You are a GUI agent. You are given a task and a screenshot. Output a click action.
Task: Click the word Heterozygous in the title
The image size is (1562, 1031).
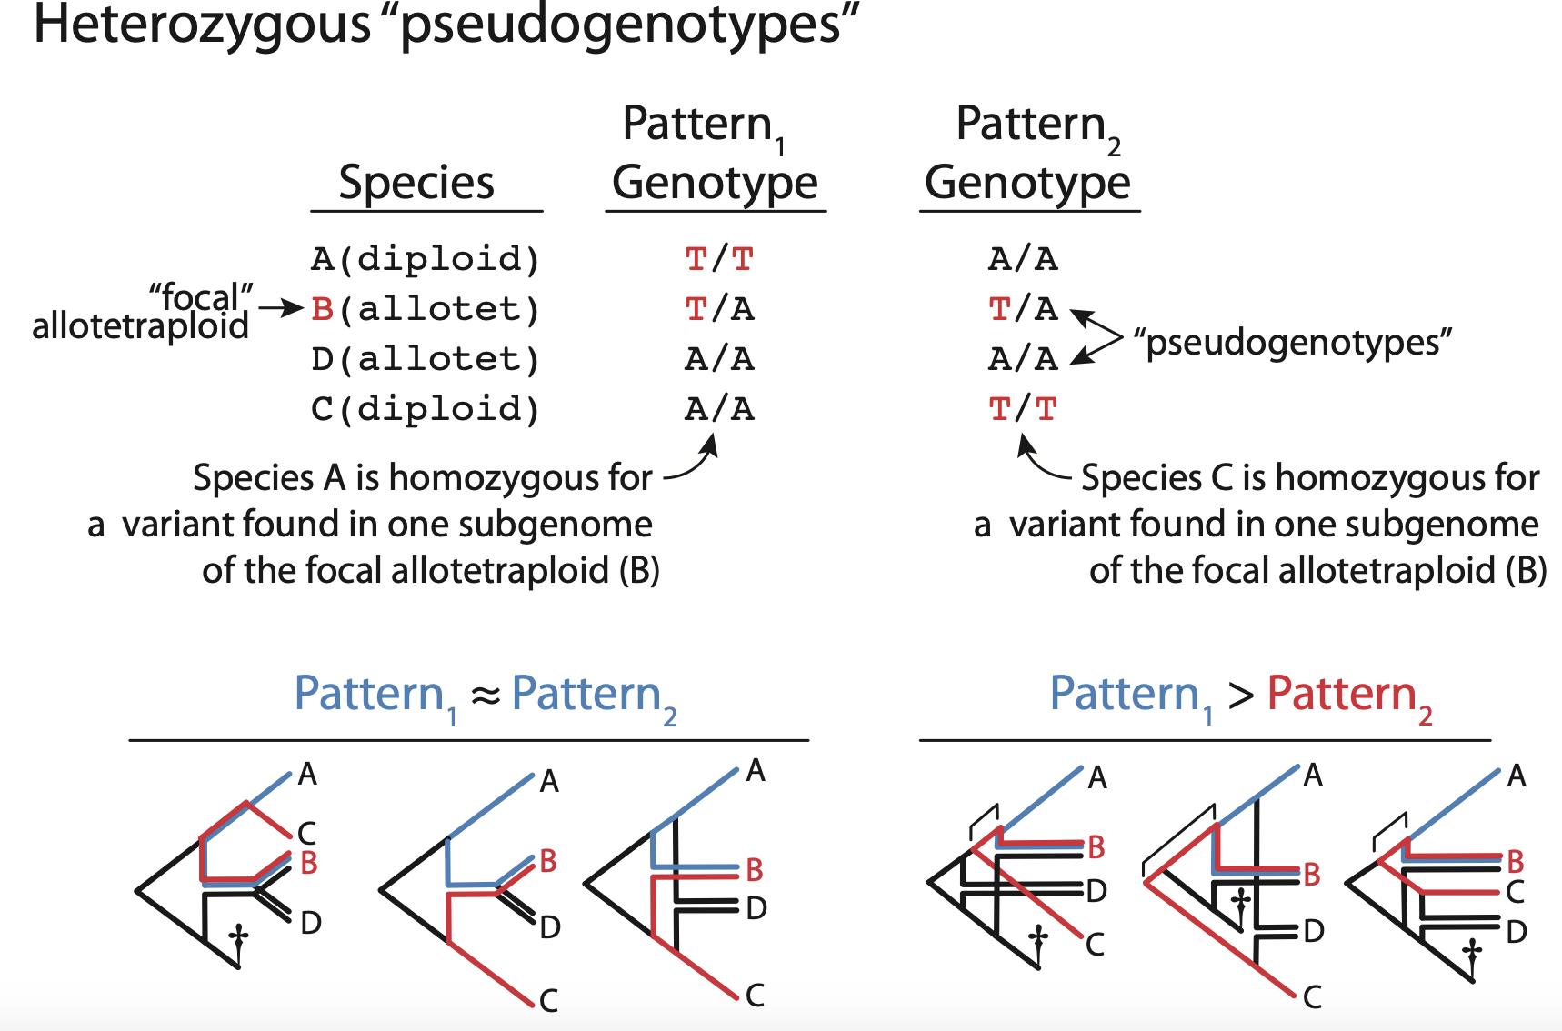(201, 25)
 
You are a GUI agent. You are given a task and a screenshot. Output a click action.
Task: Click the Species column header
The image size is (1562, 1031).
(416, 182)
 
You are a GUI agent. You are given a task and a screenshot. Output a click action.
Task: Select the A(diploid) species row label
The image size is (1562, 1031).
(426, 260)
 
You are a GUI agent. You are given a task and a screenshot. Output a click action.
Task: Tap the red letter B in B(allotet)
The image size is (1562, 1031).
(323, 310)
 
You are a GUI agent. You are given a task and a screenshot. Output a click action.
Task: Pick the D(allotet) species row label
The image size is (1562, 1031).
(426, 360)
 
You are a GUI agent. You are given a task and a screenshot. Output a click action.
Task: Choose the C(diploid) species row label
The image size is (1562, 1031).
(426, 410)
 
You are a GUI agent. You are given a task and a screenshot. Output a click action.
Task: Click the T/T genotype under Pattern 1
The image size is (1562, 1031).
(719, 260)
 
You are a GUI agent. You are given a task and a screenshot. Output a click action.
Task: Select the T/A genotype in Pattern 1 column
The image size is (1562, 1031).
(719, 310)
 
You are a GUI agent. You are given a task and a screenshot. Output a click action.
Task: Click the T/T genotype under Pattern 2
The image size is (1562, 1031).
(1023, 410)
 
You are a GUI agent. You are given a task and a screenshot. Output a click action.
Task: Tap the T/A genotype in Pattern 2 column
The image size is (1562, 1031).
(1023, 310)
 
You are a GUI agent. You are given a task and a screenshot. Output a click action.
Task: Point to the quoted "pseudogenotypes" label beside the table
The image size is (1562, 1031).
(1291, 343)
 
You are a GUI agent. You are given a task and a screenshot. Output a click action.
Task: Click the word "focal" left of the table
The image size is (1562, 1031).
(201, 295)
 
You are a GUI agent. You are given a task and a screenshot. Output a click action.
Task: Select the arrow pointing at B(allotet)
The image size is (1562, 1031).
(280, 310)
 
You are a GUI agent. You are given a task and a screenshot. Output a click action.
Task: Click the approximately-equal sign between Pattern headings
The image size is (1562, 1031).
(486, 696)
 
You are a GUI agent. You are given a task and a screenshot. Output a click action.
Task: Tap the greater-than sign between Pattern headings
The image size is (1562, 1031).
(1240, 696)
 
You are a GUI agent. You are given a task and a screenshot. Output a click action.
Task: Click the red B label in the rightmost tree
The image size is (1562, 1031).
(1515, 860)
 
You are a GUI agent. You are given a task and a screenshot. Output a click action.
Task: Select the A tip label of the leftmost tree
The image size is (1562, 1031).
(307, 775)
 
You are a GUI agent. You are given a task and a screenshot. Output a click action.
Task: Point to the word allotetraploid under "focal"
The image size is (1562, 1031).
(140, 325)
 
